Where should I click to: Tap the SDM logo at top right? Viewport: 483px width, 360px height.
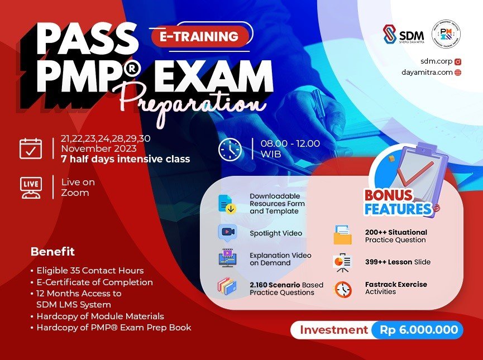403,35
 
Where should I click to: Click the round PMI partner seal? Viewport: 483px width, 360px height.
446,35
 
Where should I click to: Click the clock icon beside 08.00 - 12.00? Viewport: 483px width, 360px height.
230,148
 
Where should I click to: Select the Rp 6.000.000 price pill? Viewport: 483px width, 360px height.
418,330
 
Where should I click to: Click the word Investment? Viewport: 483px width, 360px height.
333,330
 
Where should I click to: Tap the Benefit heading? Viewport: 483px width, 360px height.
52,252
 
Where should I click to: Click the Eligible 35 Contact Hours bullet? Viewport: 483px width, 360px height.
90,271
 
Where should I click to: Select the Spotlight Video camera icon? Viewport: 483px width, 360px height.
227,232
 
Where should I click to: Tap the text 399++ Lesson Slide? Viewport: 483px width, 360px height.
398,262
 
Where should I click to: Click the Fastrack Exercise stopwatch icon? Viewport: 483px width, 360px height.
343,289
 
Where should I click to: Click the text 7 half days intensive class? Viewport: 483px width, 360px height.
126,159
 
